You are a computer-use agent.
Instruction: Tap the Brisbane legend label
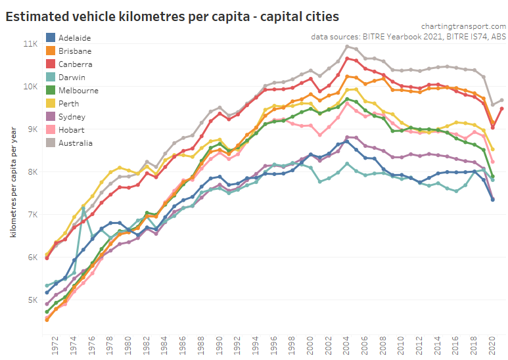75,51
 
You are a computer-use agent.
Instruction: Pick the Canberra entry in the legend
75,64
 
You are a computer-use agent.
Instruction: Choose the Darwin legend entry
71,78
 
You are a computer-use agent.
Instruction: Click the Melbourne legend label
78,91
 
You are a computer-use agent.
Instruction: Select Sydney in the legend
71,117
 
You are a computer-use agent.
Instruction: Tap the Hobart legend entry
71,130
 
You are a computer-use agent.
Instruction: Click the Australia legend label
76,143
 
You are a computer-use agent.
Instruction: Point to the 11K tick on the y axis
30,44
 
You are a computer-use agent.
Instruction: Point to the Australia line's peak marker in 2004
347,47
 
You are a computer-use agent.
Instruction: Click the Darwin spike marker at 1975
83,208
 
